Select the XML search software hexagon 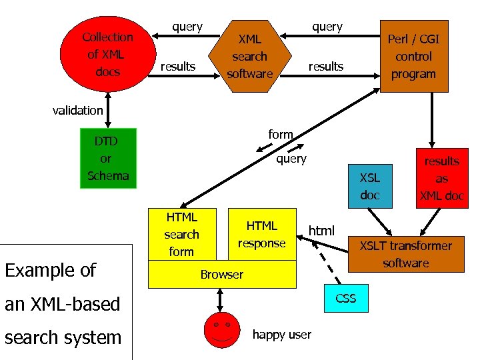(x=250, y=57)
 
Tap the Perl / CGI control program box (x=413, y=57)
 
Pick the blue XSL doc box (x=370, y=186)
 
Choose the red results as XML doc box (x=441, y=179)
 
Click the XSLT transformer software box (x=405, y=254)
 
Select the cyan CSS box (x=345, y=298)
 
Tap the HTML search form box (x=181, y=234)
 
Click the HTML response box (x=261, y=234)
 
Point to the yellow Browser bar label (x=222, y=275)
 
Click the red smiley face (x=221, y=329)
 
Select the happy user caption (x=281, y=335)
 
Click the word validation (x=78, y=110)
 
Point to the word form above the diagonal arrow (x=280, y=134)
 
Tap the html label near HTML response (x=321, y=231)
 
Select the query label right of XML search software (x=327, y=27)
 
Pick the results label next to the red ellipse (x=178, y=66)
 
